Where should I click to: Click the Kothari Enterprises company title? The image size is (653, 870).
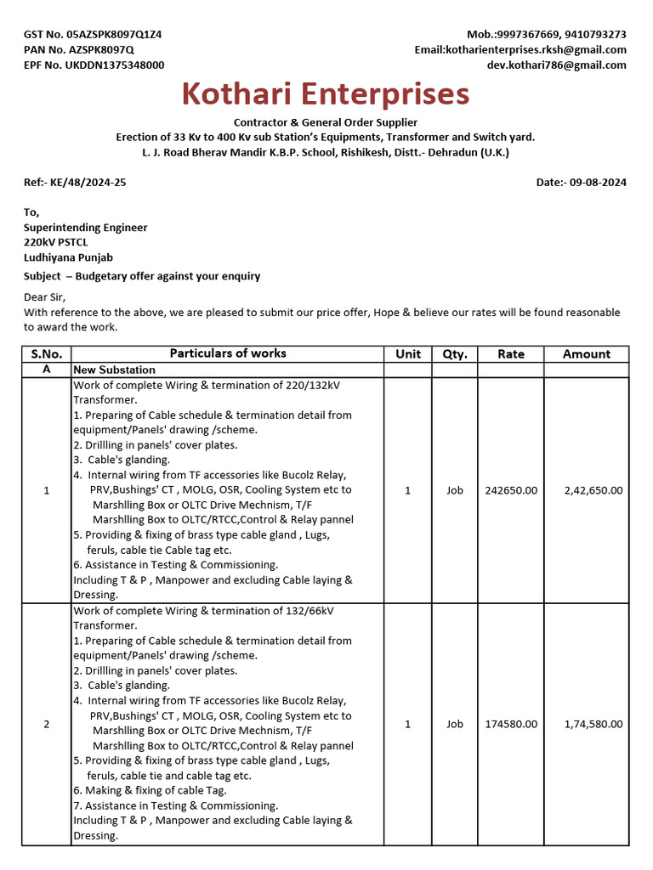click(x=326, y=93)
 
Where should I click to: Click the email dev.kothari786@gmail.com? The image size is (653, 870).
click(x=556, y=65)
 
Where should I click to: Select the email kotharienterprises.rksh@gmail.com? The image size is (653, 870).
click(x=536, y=50)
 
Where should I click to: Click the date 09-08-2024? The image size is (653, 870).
click(x=599, y=183)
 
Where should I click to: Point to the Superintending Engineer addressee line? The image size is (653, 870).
click(x=85, y=228)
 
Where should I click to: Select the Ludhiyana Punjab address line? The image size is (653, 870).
click(x=68, y=257)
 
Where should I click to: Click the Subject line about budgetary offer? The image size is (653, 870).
click(x=142, y=276)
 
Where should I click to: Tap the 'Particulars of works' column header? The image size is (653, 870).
click(x=228, y=353)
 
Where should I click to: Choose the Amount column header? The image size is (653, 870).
click(x=586, y=354)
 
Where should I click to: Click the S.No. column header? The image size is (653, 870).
click(x=46, y=354)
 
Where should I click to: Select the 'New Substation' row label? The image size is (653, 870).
click(x=114, y=370)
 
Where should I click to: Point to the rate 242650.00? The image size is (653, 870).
click(x=510, y=490)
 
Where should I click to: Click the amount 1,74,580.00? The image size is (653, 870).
click(x=593, y=724)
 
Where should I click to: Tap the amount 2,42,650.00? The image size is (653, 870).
click(x=593, y=490)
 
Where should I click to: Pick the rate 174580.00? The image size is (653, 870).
click(x=510, y=724)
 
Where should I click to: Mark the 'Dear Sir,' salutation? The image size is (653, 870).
click(x=44, y=297)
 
